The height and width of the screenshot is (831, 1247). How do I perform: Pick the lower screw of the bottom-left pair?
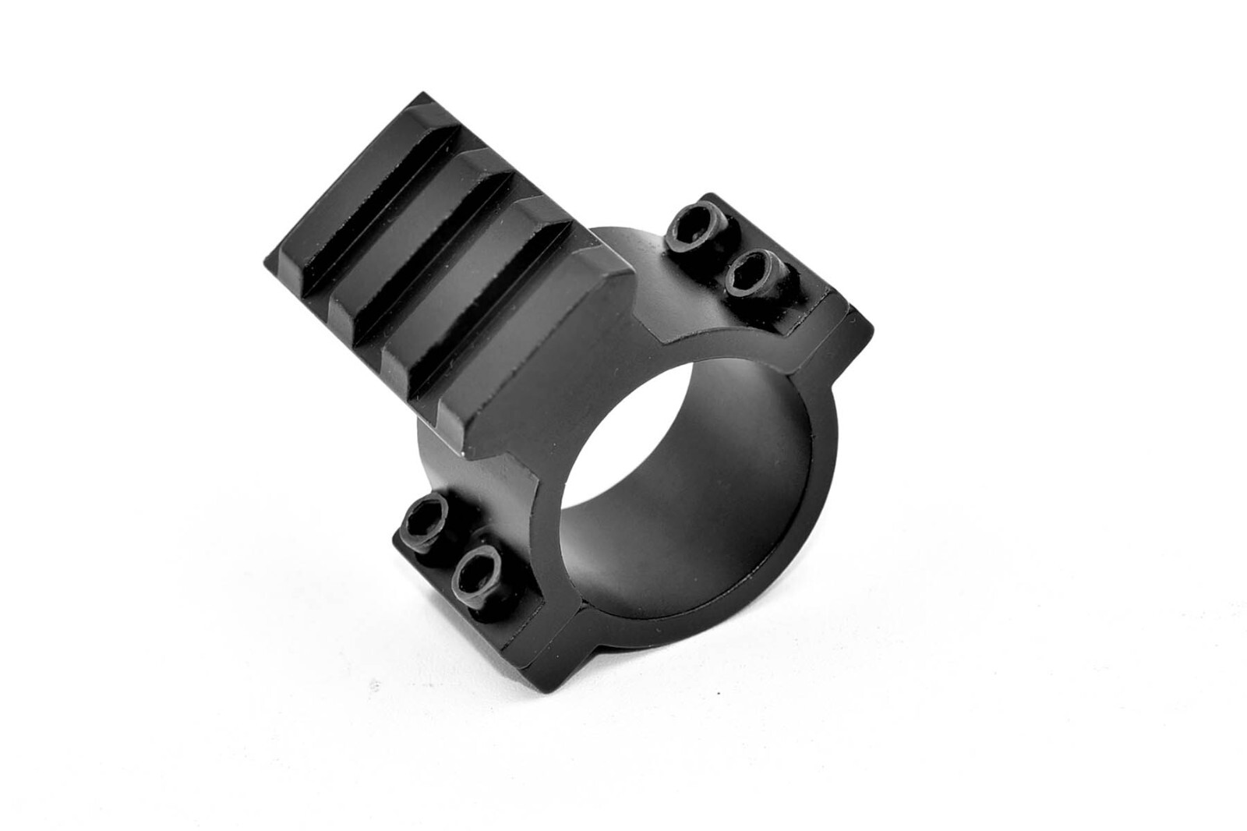click(477, 572)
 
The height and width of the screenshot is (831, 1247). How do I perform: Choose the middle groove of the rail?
click(448, 265)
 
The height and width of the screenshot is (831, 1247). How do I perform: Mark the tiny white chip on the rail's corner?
click(465, 453)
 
